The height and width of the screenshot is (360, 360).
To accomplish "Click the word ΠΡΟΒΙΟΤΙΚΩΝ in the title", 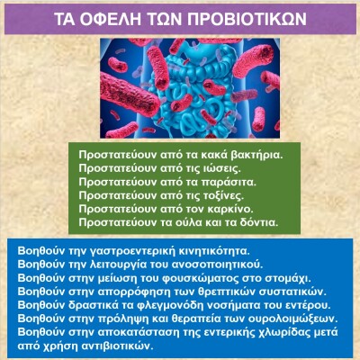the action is [247, 20].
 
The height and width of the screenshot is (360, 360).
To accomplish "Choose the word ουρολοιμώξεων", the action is [295, 319].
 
